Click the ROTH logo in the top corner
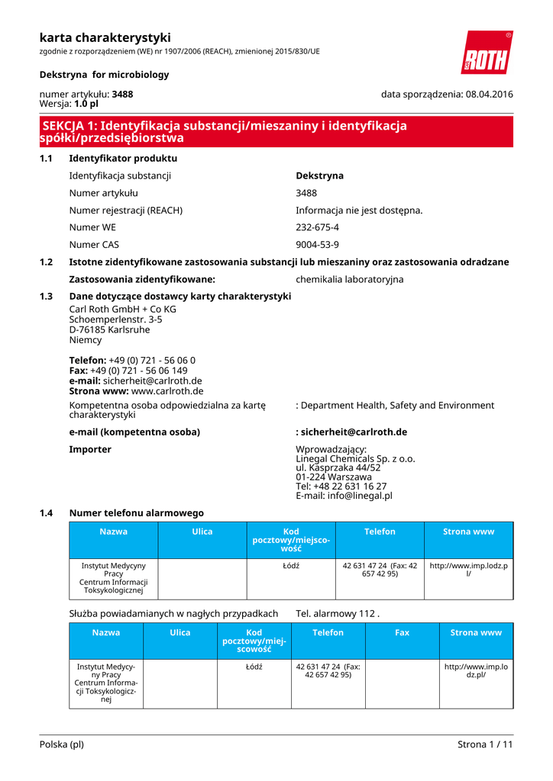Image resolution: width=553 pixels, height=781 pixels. coord(486,53)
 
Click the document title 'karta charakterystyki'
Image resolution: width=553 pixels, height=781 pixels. coord(105,37)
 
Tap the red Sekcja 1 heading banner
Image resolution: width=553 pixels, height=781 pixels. coord(276,132)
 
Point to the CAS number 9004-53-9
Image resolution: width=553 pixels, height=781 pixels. coord(317,245)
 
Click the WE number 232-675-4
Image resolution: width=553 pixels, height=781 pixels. coord(317,227)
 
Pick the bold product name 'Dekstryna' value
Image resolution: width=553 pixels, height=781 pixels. coord(319,175)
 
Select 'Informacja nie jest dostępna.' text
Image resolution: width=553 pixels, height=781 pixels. coord(359,210)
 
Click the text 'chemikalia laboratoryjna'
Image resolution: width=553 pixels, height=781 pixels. coord(349,279)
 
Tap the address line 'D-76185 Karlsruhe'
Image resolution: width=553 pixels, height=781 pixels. coord(109,330)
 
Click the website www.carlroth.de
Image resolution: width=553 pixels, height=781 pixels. coord(167,391)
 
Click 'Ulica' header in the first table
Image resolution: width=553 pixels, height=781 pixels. coord(202,532)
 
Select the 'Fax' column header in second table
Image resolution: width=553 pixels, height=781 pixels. coord(402,632)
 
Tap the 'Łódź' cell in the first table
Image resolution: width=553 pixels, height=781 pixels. coord(290,566)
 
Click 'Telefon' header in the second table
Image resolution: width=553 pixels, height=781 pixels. coord(328,632)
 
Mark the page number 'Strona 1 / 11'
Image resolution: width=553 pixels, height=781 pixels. coord(485,744)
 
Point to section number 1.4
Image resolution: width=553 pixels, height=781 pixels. coord(46,513)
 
